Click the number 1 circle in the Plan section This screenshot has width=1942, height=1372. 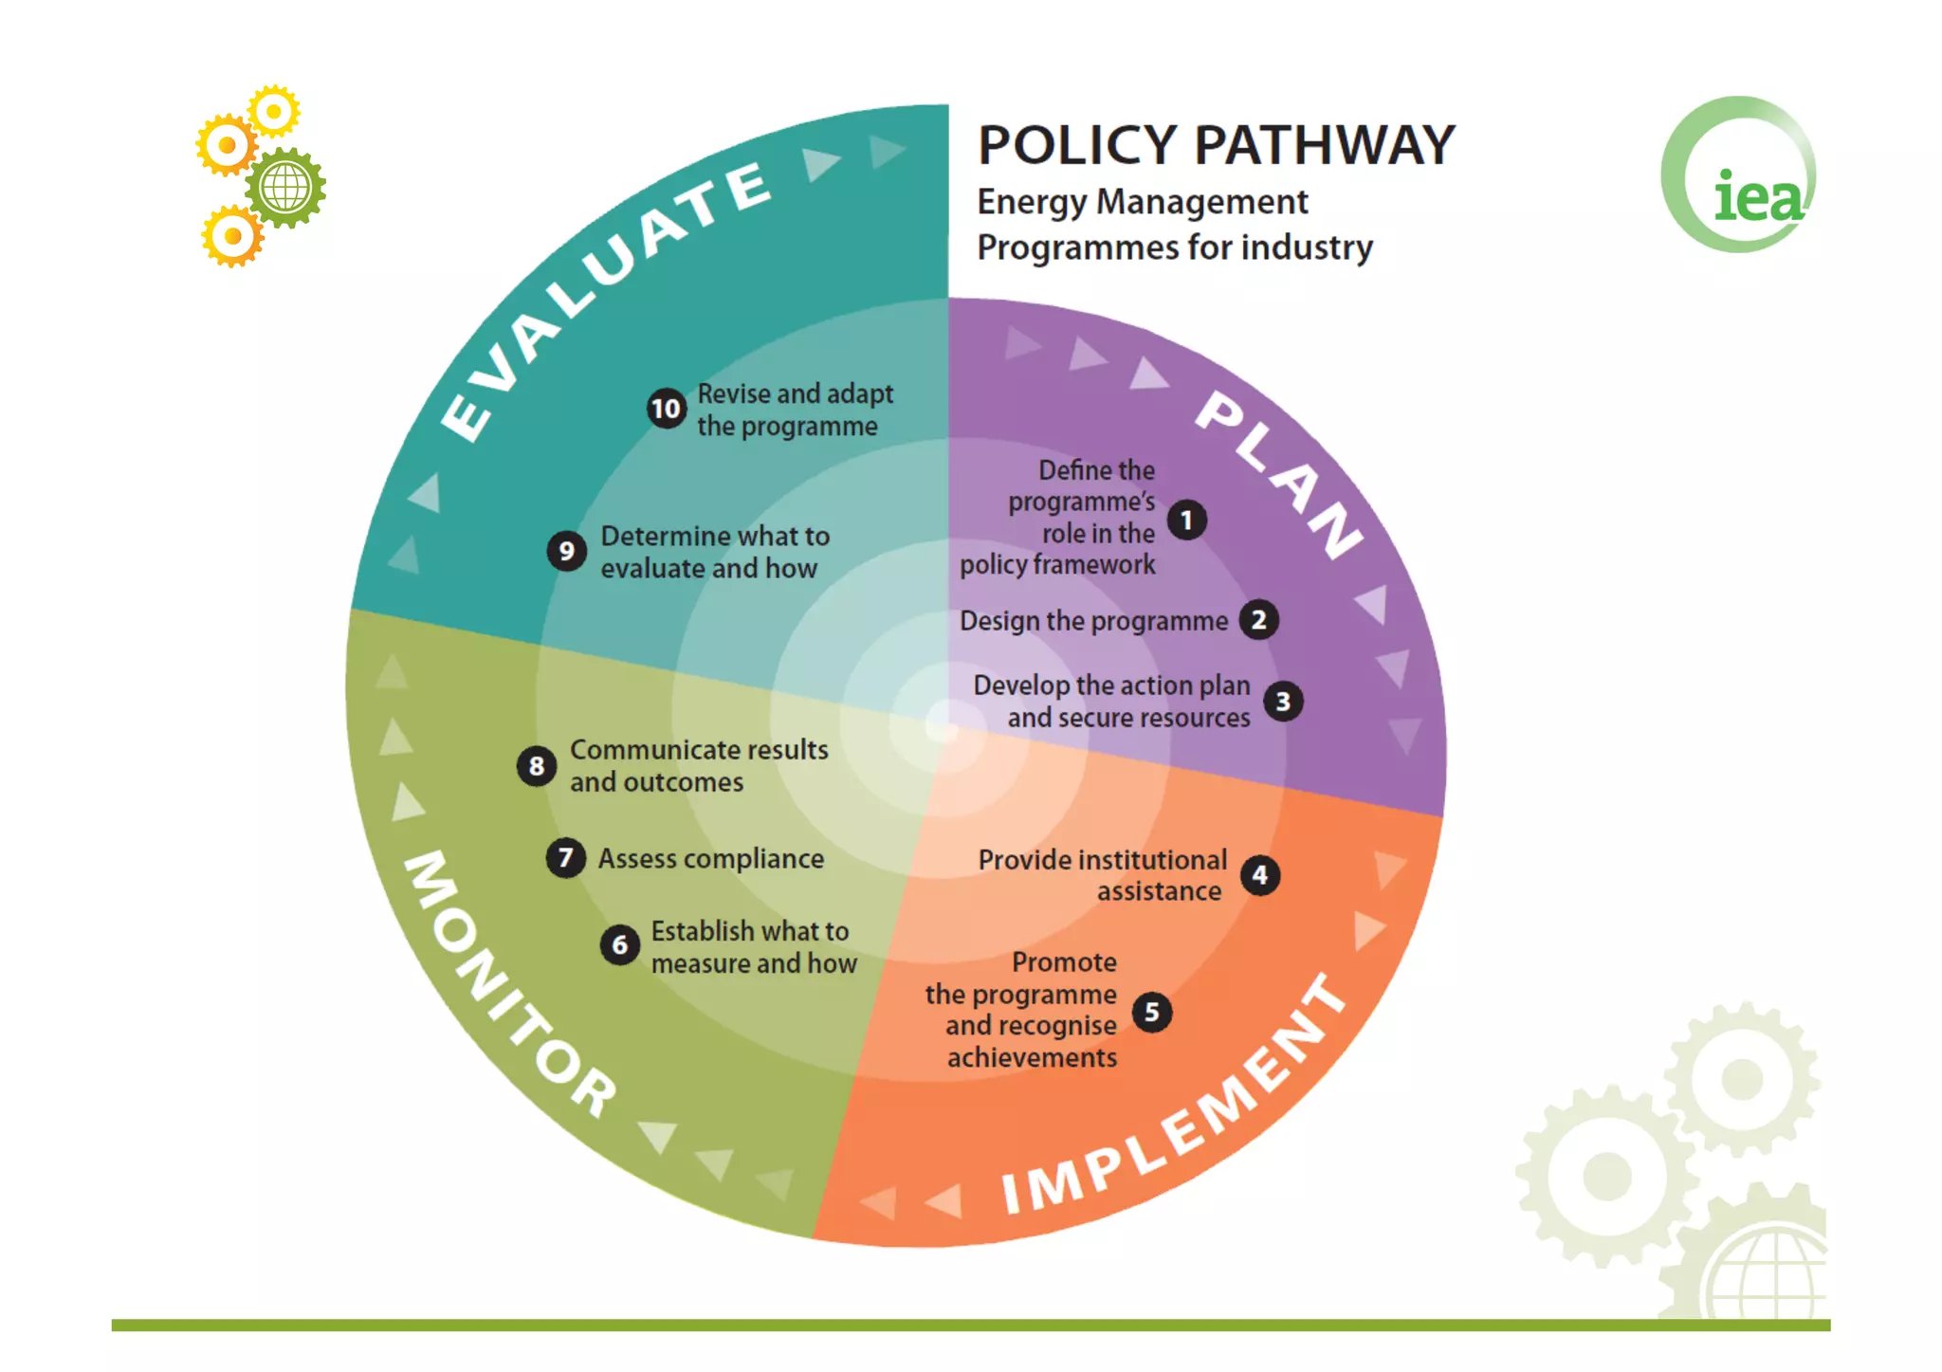pos(1186,521)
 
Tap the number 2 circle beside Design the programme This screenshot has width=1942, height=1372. pos(1258,620)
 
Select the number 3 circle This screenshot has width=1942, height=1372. pos(1283,702)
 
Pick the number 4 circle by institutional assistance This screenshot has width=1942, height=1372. pos(1259,875)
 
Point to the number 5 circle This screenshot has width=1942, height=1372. pos(1152,1012)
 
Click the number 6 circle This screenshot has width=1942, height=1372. pos(620,944)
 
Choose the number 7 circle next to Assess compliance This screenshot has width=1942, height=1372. pos(566,858)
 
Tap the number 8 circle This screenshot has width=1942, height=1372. pos(537,766)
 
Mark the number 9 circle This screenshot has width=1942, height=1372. pos(566,551)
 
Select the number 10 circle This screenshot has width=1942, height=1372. pos(667,409)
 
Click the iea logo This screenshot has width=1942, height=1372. pos(1740,176)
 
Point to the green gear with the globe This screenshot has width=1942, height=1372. pos(285,187)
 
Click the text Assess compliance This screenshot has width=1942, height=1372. pos(711,859)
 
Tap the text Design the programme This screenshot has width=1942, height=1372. pos(1093,621)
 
